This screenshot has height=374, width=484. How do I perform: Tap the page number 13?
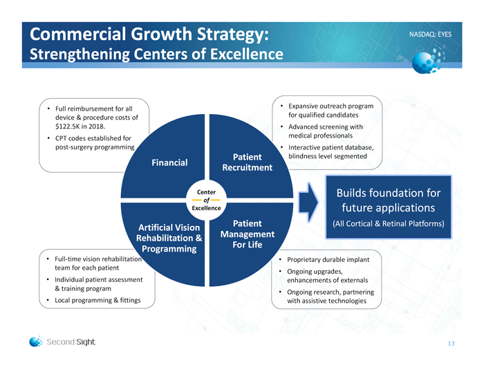(451, 344)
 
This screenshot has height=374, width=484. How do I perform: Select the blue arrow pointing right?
(308, 198)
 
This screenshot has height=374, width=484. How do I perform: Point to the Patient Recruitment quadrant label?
(247, 162)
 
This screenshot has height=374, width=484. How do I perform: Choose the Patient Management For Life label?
(247, 235)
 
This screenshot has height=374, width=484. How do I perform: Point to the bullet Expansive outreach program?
(330, 110)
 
